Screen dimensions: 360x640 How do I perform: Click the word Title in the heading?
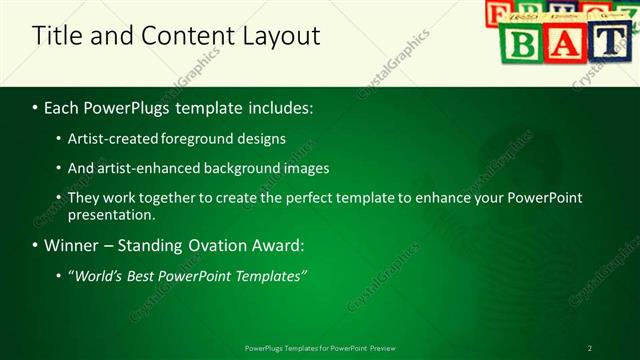tap(56, 36)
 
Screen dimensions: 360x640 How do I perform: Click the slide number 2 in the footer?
tap(589, 348)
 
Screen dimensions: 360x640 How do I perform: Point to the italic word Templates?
tap(269, 275)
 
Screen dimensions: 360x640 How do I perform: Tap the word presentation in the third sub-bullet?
tap(111, 214)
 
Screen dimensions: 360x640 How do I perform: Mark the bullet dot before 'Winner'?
tap(36, 246)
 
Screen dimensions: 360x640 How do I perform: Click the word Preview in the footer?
tap(382, 348)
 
